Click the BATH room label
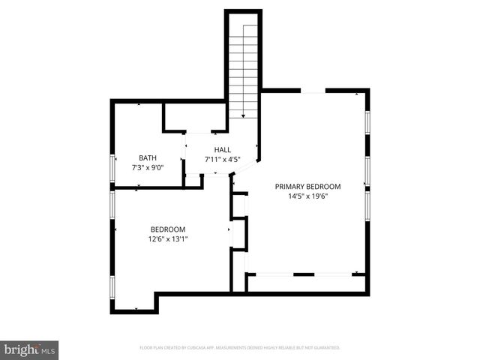[x=148, y=157]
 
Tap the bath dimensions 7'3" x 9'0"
[x=148, y=167]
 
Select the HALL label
[x=222, y=149]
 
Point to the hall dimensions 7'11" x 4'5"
[x=222, y=159]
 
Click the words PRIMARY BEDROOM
[x=307, y=187]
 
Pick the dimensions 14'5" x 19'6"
[x=307, y=196]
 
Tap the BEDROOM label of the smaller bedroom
[x=168, y=229]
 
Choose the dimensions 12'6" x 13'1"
[x=168, y=239]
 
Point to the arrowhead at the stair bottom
[x=243, y=115]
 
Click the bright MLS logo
[x=30, y=349]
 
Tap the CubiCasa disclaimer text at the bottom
[x=240, y=348]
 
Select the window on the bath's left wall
[x=112, y=166]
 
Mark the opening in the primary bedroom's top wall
[x=313, y=91]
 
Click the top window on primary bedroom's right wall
[x=367, y=124]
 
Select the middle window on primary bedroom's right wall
[x=367, y=169]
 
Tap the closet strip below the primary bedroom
[x=306, y=283]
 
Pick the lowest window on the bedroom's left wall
[x=112, y=288]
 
